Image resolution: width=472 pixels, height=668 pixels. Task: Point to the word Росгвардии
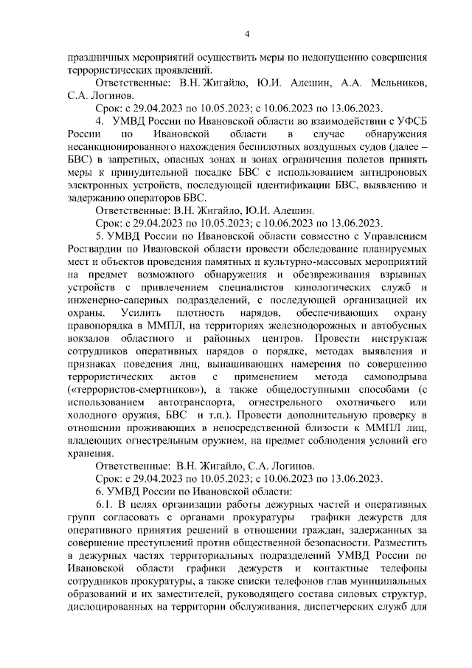tap(94, 248)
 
